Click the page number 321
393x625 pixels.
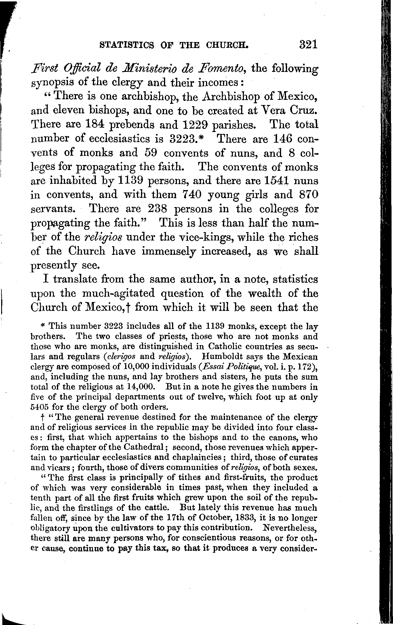308,45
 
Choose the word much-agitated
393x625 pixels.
120,294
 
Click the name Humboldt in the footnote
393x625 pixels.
220,357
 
